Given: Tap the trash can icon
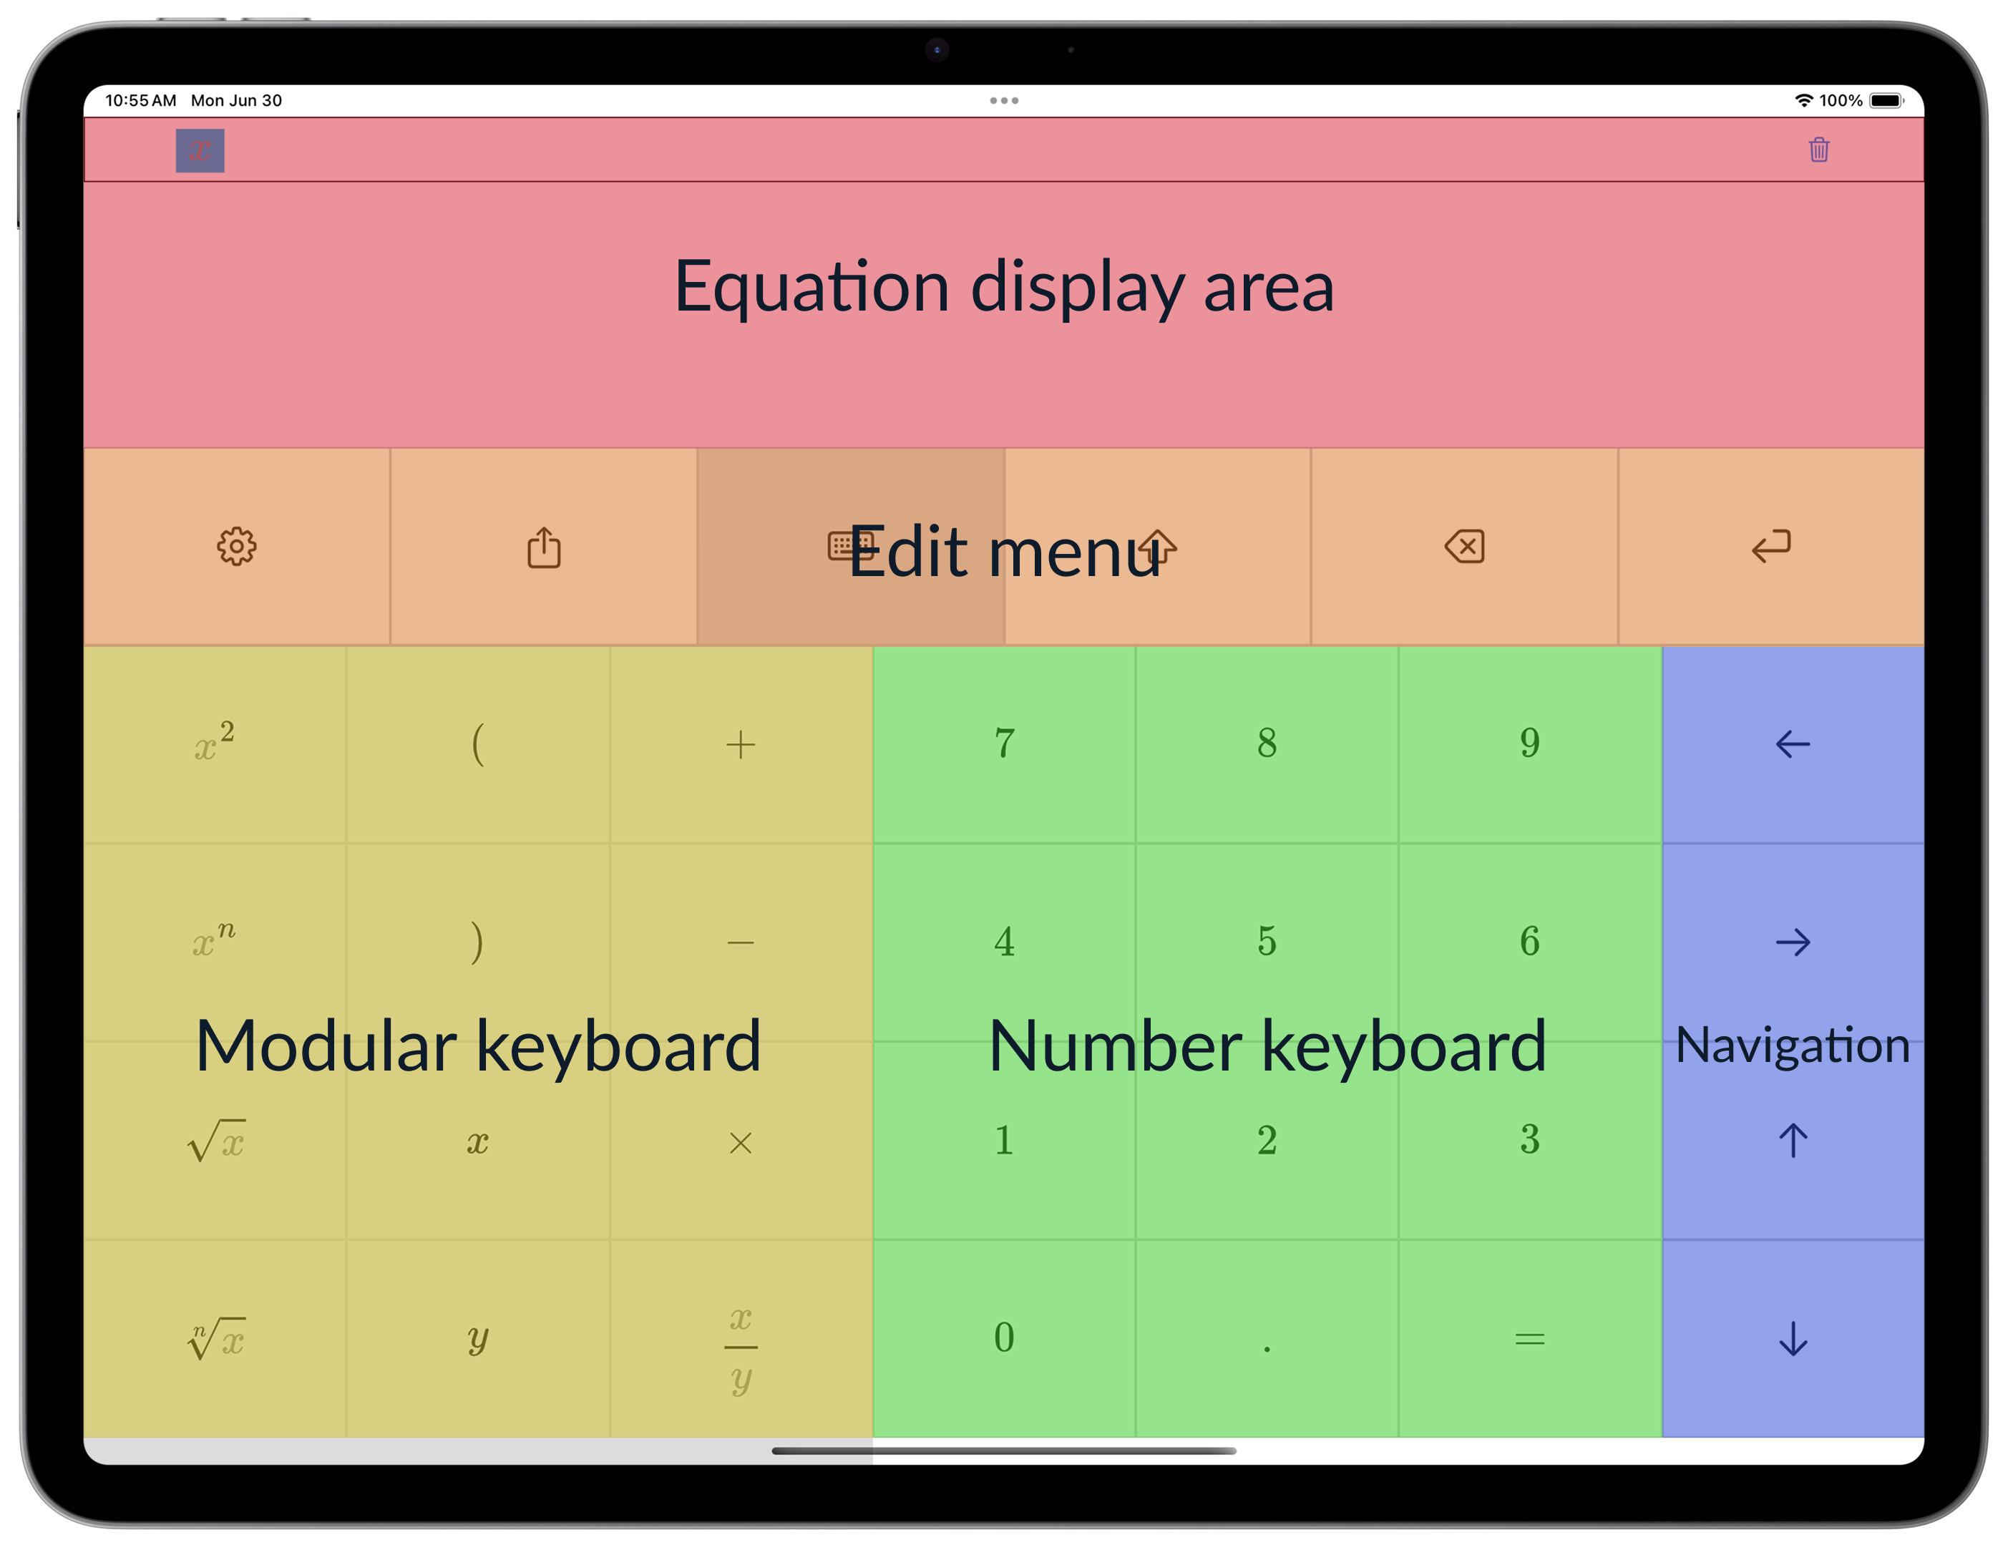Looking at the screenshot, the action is click(1818, 150).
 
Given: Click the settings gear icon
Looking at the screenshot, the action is click(236, 547).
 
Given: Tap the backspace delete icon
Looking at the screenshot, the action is click(1465, 546).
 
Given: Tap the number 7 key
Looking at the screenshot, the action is click(1004, 744).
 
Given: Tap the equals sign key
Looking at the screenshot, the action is click(1530, 1340).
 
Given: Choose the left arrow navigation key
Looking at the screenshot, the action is click(1793, 744).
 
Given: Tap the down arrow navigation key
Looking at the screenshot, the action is click(1793, 1339).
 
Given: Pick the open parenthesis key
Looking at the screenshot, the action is click(477, 744).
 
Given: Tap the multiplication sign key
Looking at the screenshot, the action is click(740, 1143).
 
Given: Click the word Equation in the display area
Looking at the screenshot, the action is click(812, 288).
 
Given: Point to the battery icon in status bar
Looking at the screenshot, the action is click(1886, 100).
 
